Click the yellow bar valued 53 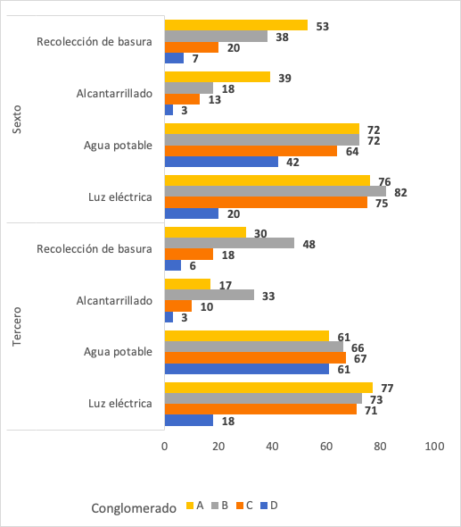click(236, 26)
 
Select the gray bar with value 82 click(276, 191)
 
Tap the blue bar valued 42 click(222, 163)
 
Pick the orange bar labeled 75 click(266, 203)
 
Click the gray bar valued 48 click(229, 243)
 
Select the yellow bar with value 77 click(268, 387)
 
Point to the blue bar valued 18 click(189, 421)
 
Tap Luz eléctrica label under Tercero click(120, 404)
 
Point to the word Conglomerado click(134, 507)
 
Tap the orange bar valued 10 click(178, 306)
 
